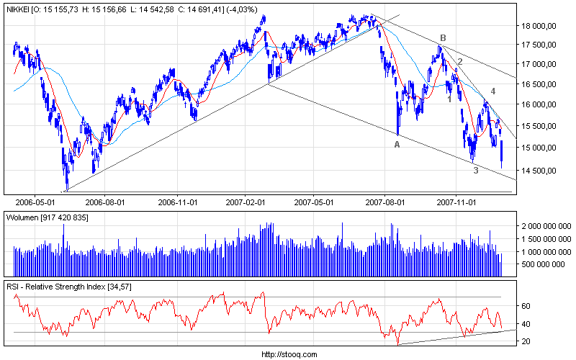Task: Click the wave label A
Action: click(x=397, y=145)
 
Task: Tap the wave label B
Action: click(x=443, y=37)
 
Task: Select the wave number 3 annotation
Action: click(x=475, y=170)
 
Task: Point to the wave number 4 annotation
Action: click(x=493, y=91)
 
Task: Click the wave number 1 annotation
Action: click(x=450, y=99)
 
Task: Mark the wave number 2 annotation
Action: click(x=459, y=62)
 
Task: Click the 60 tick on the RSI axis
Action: click(x=526, y=306)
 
